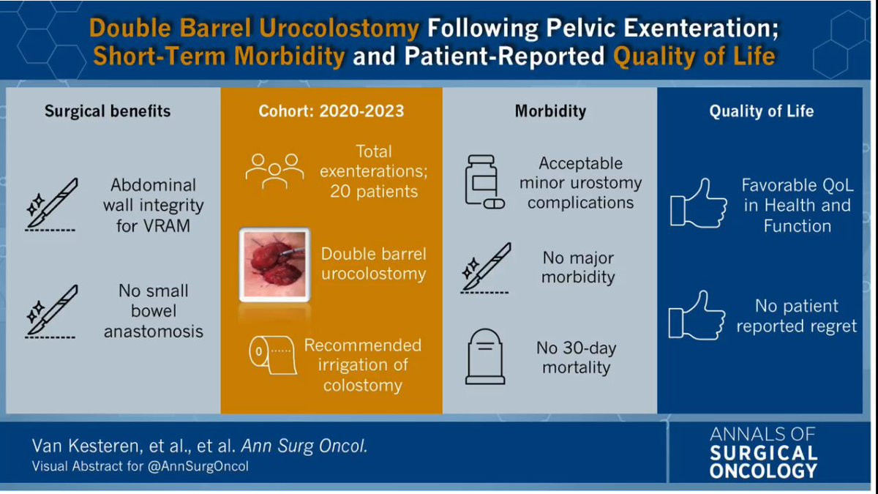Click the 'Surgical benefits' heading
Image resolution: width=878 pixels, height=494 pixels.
tap(108, 111)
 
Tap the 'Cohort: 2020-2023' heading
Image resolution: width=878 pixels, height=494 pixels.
tap(331, 111)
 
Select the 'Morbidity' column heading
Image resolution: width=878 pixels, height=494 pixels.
tap(550, 111)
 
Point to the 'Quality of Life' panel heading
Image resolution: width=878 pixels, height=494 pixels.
tap(761, 111)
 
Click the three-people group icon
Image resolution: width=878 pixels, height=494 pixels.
tap(275, 171)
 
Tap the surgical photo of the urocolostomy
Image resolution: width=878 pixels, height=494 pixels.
tap(275, 265)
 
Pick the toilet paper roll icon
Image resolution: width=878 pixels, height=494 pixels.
tap(273, 355)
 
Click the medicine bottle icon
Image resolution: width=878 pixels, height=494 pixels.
tap(484, 182)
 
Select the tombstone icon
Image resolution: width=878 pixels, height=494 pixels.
tap(485, 356)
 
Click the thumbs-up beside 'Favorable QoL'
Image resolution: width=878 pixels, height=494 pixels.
tap(699, 203)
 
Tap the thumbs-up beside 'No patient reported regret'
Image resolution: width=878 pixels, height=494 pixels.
tap(697, 315)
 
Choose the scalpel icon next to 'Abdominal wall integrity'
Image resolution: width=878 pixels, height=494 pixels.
tap(51, 204)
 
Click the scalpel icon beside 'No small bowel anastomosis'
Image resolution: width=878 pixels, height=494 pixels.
tap(51, 311)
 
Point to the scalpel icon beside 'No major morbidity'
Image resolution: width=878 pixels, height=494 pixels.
tap(485, 268)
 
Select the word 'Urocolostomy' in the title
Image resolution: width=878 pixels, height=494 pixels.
tap(339, 29)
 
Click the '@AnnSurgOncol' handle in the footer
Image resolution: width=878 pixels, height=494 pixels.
tap(198, 467)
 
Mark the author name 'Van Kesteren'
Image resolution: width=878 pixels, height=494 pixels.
tap(85, 446)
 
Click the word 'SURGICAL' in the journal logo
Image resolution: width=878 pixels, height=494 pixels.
tap(764, 453)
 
